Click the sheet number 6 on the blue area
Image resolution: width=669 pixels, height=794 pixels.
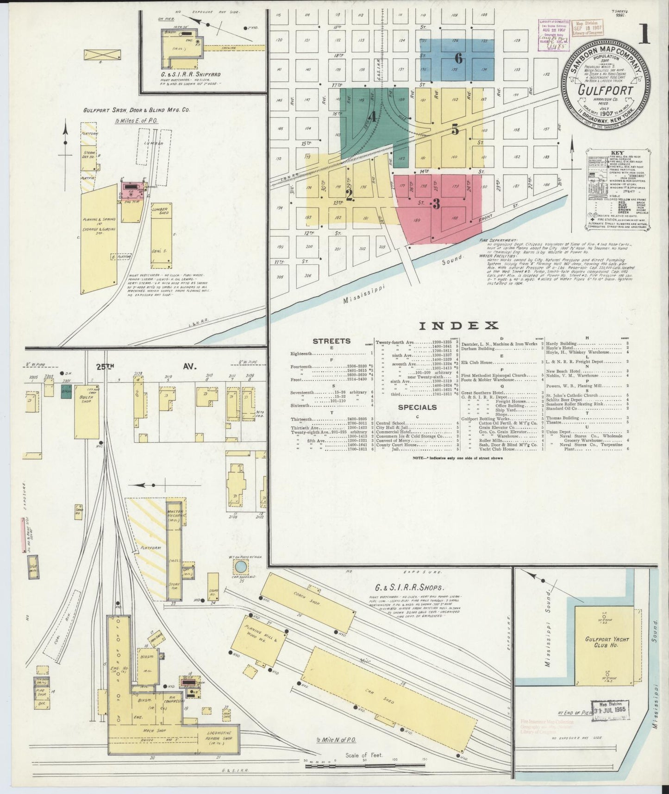point(458,59)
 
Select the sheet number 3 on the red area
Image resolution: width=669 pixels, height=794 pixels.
point(435,204)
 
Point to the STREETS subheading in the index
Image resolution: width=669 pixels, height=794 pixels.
point(331,341)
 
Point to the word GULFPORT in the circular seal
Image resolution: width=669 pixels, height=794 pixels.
point(606,90)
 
